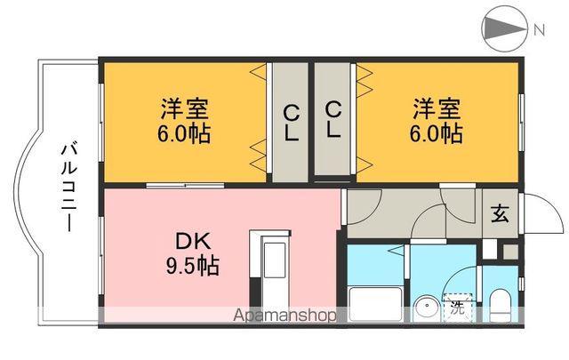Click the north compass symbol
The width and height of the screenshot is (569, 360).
tap(504, 29)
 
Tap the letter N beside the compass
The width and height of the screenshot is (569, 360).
tap(540, 29)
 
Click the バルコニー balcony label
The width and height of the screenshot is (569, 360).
tap(68, 188)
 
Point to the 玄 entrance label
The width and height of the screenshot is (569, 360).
tap(500, 213)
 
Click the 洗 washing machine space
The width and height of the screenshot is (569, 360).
tap(458, 308)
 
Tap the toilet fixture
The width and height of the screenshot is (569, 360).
tap(500, 305)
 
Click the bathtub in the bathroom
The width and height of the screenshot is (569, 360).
tap(375, 304)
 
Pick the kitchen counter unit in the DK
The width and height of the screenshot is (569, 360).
tap(270, 268)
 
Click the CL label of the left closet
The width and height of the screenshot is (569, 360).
tap(291, 123)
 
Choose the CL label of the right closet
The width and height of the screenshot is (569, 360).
tap(333, 119)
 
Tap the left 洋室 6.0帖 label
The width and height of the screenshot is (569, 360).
tap(184, 121)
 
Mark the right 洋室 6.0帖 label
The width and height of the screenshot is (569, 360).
tap(437, 121)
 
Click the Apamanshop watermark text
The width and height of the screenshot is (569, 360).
tap(284, 316)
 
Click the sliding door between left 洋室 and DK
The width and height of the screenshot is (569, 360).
tap(185, 186)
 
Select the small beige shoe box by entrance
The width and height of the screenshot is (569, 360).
tap(510, 252)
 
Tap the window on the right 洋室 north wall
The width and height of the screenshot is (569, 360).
tap(521, 122)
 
